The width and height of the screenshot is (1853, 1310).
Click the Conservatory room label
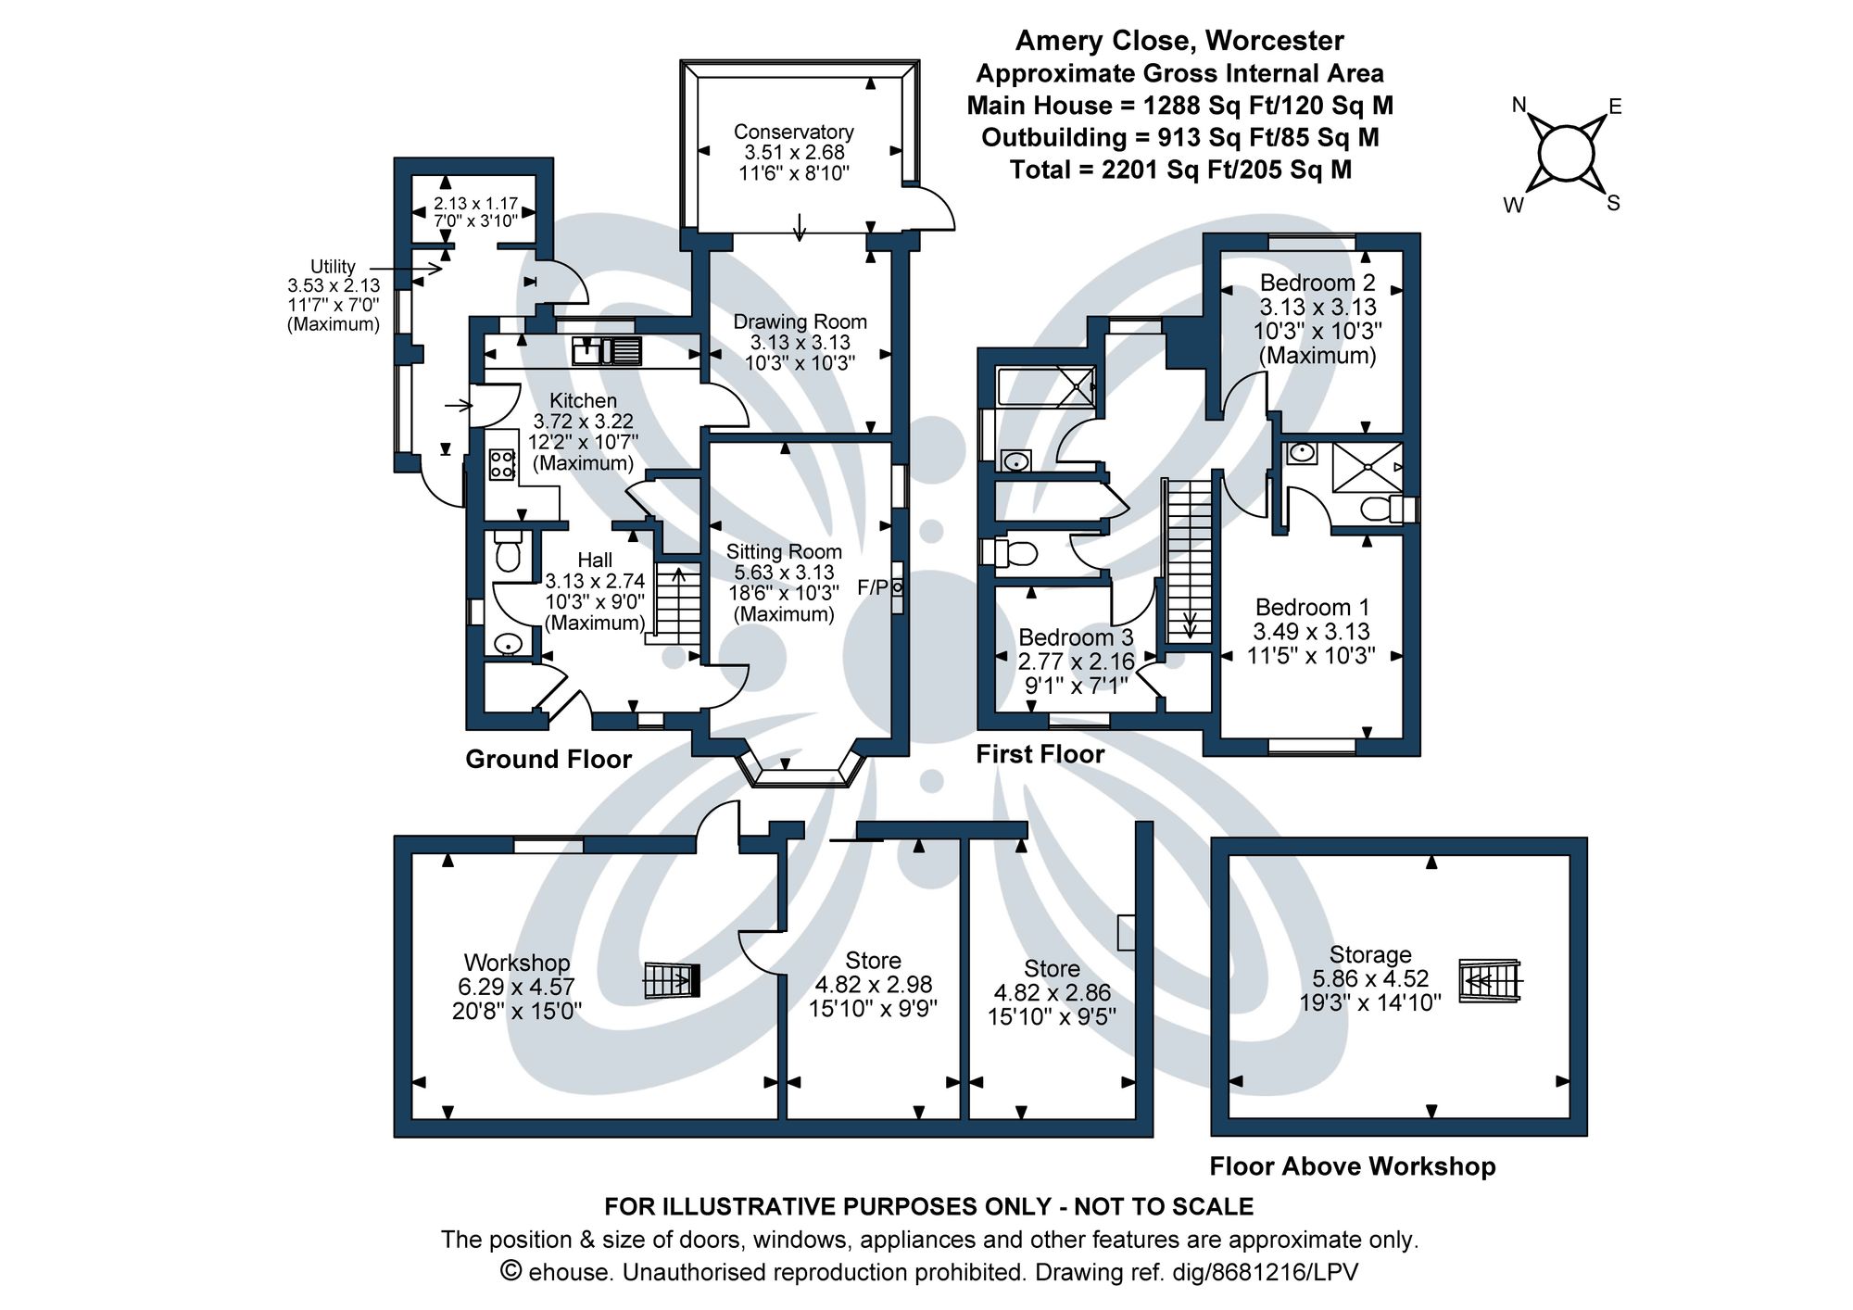pos(793,132)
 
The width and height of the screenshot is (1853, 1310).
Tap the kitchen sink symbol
pos(608,351)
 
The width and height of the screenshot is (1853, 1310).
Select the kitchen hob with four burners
pos(501,464)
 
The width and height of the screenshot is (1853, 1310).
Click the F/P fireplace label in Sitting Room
pos(873,587)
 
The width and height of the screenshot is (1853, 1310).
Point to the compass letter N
pos(1519,106)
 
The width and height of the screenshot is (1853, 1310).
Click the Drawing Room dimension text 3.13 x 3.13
pos(800,343)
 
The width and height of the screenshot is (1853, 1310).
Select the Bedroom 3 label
pos(1075,637)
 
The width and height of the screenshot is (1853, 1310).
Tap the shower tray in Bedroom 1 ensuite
pos(1366,467)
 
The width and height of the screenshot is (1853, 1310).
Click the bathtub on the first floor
pos(1045,386)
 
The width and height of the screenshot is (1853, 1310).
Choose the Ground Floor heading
pos(548,760)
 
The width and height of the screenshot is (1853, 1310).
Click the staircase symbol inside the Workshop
pos(672,980)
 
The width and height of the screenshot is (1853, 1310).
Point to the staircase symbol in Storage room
pos(1490,980)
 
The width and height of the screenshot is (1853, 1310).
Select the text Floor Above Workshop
pos(1352,1166)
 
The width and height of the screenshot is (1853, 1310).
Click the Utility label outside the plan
pos(333,267)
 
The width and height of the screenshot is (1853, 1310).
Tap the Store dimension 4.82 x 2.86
pos(1052,993)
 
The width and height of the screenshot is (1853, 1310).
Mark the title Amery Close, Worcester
pos(1179,41)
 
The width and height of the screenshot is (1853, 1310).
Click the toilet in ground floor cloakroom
pos(507,554)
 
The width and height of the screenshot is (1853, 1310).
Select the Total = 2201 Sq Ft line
pos(1179,170)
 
